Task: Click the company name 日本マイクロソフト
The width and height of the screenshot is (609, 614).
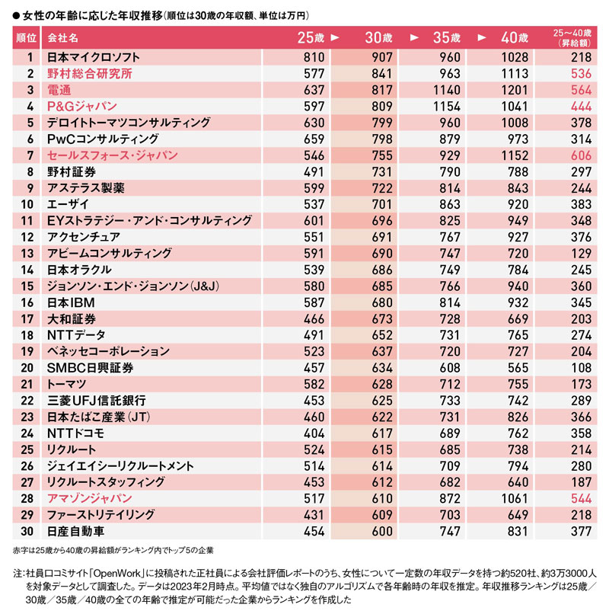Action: [x=93, y=57]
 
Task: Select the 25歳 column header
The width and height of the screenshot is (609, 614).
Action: [x=311, y=37]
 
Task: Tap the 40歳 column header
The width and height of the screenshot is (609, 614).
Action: [x=515, y=37]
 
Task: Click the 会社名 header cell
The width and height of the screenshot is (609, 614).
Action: [x=62, y=38]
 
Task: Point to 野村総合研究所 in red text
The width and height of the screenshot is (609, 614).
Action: [x=90, y=74]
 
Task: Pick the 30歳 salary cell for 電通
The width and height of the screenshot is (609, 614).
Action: [x=382, y=90]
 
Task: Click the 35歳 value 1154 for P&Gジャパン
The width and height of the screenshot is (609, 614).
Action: [x=447, y=107]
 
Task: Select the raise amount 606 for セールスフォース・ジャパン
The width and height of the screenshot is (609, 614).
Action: [x=581, y=155]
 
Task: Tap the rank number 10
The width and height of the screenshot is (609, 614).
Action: [x=27, y=204]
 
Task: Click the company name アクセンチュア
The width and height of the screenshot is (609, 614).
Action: [x=84, y=238]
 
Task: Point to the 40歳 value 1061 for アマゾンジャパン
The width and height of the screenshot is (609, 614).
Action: [x=515, y=498]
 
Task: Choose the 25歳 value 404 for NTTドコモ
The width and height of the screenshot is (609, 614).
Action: [x=314, y=433]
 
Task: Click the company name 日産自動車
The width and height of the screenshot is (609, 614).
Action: [x=75, y=532]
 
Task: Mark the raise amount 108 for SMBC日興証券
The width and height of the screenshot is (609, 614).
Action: [x=581, y=368]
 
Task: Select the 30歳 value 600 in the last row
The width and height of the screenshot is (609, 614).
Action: [x=382, y=532]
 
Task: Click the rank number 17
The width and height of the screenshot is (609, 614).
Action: [x=27, y=319]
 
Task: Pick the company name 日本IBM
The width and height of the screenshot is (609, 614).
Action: [x=71, y=302]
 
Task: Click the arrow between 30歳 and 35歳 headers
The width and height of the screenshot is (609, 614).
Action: [x=414, y=37]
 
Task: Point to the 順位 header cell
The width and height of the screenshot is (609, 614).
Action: [x=26, y=38]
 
